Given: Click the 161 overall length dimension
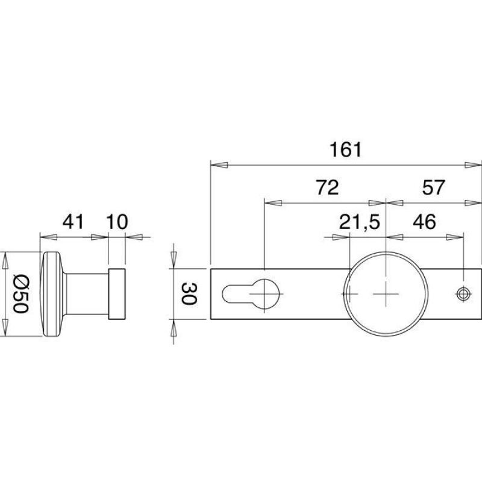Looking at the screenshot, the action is (346, 149).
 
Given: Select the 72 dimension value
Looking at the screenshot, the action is (327, 187).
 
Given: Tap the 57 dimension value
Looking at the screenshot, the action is (433, 187).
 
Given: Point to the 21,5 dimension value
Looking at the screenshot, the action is (360, 222).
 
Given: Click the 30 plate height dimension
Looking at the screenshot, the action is (189, 294).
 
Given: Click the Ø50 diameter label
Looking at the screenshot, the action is (21, 294).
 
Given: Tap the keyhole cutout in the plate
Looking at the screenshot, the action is (251, 294).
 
